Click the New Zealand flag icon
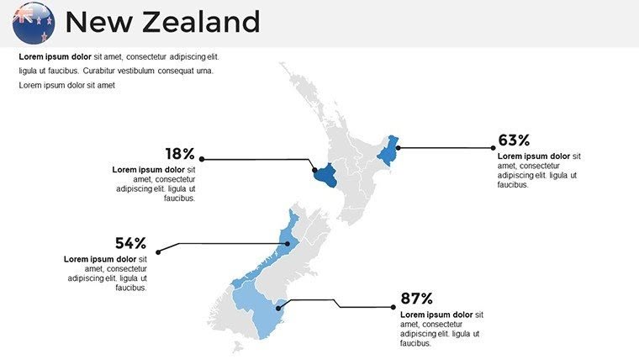pos(34,23)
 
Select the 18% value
pos(180,154)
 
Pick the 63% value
pos(514,140)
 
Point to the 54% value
pos(131,243)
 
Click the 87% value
pos(416,299)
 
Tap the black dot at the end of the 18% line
pos(202,158)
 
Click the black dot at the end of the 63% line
pos(494,148)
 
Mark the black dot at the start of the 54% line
pos(159,250)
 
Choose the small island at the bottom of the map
pos(238,346)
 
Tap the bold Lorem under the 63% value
pos(511,156)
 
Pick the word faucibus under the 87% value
pos(415,343)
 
